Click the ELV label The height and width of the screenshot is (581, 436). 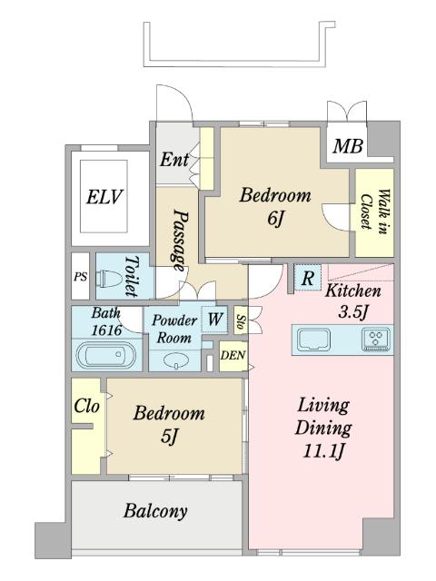[104, 197]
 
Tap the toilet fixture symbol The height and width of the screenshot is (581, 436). [109, 279]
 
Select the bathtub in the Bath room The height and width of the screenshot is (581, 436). [105, 354]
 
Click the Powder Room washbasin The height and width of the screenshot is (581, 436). [175, 360]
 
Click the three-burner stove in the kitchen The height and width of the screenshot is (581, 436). [376, 339]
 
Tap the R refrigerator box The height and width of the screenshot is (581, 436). [308, 278]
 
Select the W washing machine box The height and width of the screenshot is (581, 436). [214, 319]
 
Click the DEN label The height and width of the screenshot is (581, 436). [233, 356]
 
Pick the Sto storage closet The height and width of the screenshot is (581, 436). [240, 320]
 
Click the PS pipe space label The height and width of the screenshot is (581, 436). [81, 277]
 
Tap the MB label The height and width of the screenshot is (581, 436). [347, 145]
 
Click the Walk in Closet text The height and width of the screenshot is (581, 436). [374, 212]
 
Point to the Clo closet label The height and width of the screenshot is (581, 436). [87, 406]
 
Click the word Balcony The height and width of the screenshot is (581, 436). [155, 511]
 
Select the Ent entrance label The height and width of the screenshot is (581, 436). [174, 160]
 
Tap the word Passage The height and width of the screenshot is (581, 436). [181, 241]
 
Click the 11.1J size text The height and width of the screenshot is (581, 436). [324, 452]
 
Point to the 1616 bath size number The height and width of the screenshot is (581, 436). [106, 330]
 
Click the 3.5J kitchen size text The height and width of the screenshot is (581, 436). [352, 312]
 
